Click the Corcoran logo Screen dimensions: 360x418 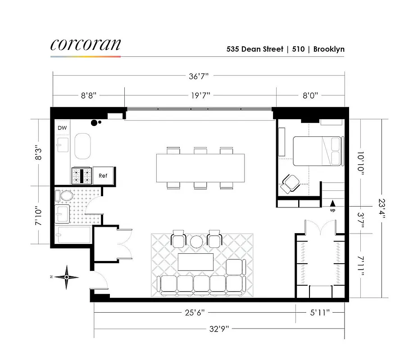[86, 45]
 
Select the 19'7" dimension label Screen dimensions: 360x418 [200, 95]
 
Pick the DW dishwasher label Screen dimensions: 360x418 [62, 128]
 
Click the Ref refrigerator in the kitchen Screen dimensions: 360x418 [103, 175]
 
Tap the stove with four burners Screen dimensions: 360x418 [81, 175]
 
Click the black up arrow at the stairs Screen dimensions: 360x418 [332, 203]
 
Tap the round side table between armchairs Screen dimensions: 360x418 [197, 242]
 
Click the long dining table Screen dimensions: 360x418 [200, 168]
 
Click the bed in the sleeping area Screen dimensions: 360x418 [317, 150]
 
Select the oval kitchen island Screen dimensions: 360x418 [83, 146]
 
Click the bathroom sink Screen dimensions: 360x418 [62, 214]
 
